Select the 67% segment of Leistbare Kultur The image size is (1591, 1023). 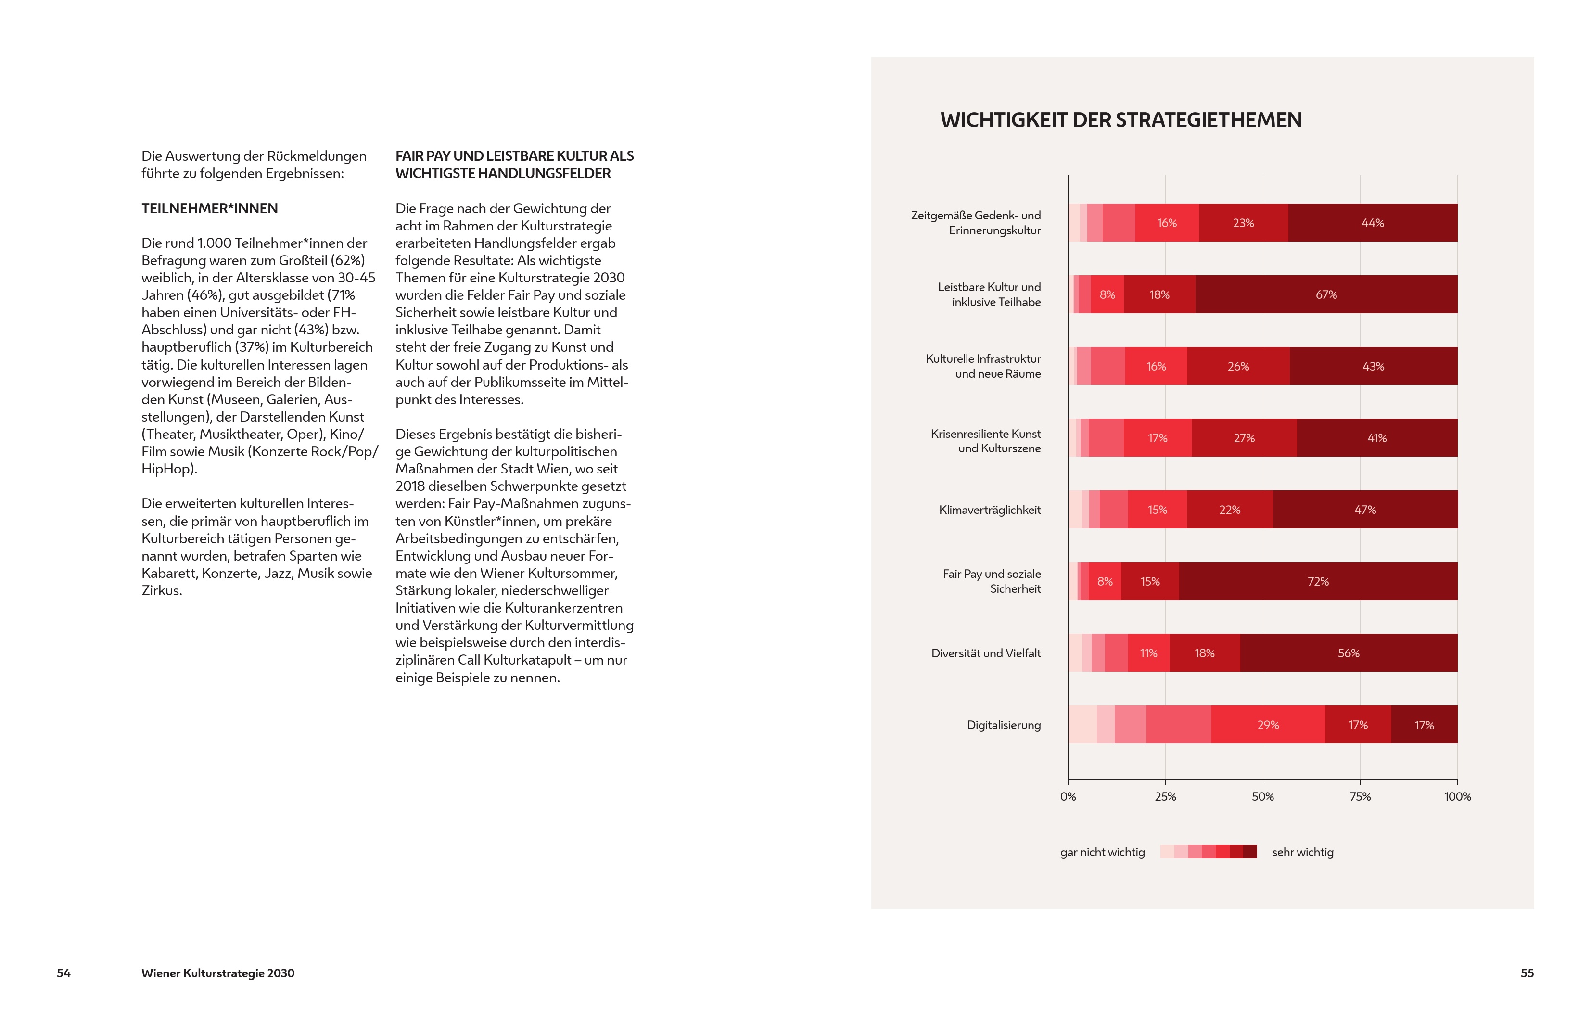pyautogui.click(x=1325, y=294)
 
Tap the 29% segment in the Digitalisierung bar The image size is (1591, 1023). pyautogui.click(x=1268, y=725)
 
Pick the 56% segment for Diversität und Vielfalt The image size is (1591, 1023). pyautogui.click(x=1348, y=653)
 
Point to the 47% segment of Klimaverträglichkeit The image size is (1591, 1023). pyautogui.click(x=1364, y=510)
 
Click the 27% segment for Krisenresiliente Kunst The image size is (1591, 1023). pyautogui.click(x=1244, y=438)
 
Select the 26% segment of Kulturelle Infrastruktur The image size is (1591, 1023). pyautogui.click(x=1238, y=366)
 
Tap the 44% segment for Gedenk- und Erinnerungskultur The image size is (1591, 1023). pyautogui.click(x=1373, y=222)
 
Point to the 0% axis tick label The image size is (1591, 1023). pyautogui.click(x=1068, y=796)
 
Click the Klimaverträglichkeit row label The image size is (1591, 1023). pyautogui.click(x=990, y=510)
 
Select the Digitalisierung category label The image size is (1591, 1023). pyautogui.click(x=1004, y=725)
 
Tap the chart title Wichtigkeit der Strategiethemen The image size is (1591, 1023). pyautogui.click(x=1121, y=120)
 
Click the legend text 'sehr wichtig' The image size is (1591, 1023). pyautogui.click(x=1302, y=852)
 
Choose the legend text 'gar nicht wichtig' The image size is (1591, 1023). pyautogui.click(x=1102, y=852)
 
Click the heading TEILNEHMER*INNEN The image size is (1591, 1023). pyautogui.click(x=209, y=208)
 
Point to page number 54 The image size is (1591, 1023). pyautogui.click(x=64, y=973)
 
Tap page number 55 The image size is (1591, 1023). pyautogui.click(x=1527, y=973)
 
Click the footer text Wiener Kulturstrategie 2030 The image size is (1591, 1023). pyautogui.click(x=218, y=973)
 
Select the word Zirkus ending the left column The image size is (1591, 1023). pyautogui.click(x=161, y=590)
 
